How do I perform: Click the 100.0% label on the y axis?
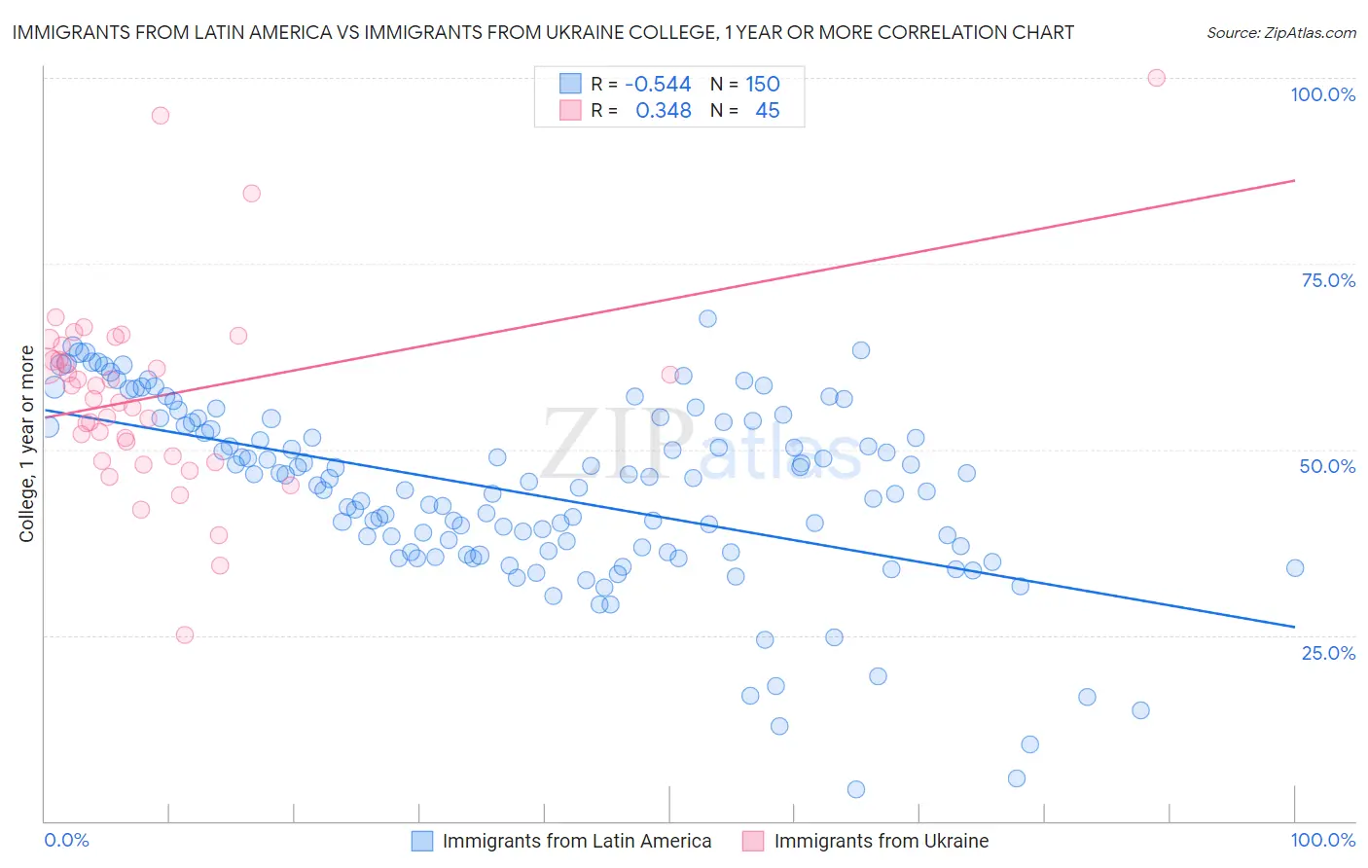(x=1322, y=94)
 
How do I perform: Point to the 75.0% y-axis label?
(x=1328, y=280)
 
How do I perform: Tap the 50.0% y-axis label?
(x=1327, y=466)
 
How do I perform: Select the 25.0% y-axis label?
(x=1328, y=652)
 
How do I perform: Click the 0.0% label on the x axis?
(x=66, y=840)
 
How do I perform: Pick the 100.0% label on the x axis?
(x=1322, y=840)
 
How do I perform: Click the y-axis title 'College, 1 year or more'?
(x=26, y=444)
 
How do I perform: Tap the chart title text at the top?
(x=543, y=32)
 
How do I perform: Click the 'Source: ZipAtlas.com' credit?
(x=1280, y=33)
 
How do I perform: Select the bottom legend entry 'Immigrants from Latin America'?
(x=577, y=841)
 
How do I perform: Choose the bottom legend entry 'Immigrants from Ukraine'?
(x=881, y=841)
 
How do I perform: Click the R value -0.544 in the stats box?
(x=658, y=85)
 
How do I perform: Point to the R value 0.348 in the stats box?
(x=664, y=111)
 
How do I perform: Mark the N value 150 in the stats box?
(x=763, y=85)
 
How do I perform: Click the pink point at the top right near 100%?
(x=1156, y=78)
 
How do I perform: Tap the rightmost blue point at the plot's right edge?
(x=1294, y=568)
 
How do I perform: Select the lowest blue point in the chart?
(x=856, y=789)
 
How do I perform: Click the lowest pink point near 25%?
(x=185, y=634)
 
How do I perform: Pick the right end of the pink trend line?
(x=1294, y=180)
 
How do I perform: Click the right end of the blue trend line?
(x=1294, y=627)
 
